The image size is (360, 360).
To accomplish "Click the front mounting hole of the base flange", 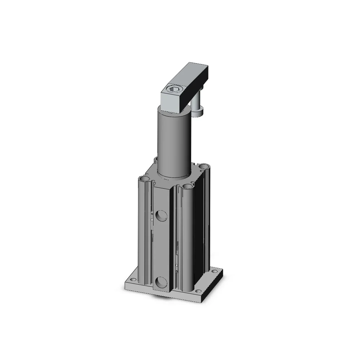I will click(197, 291).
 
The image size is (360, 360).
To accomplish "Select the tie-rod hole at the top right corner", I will click(204, 166).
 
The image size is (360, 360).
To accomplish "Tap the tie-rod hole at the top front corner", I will click(187, 186).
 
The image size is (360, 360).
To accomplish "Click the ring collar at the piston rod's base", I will click(174, 176).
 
